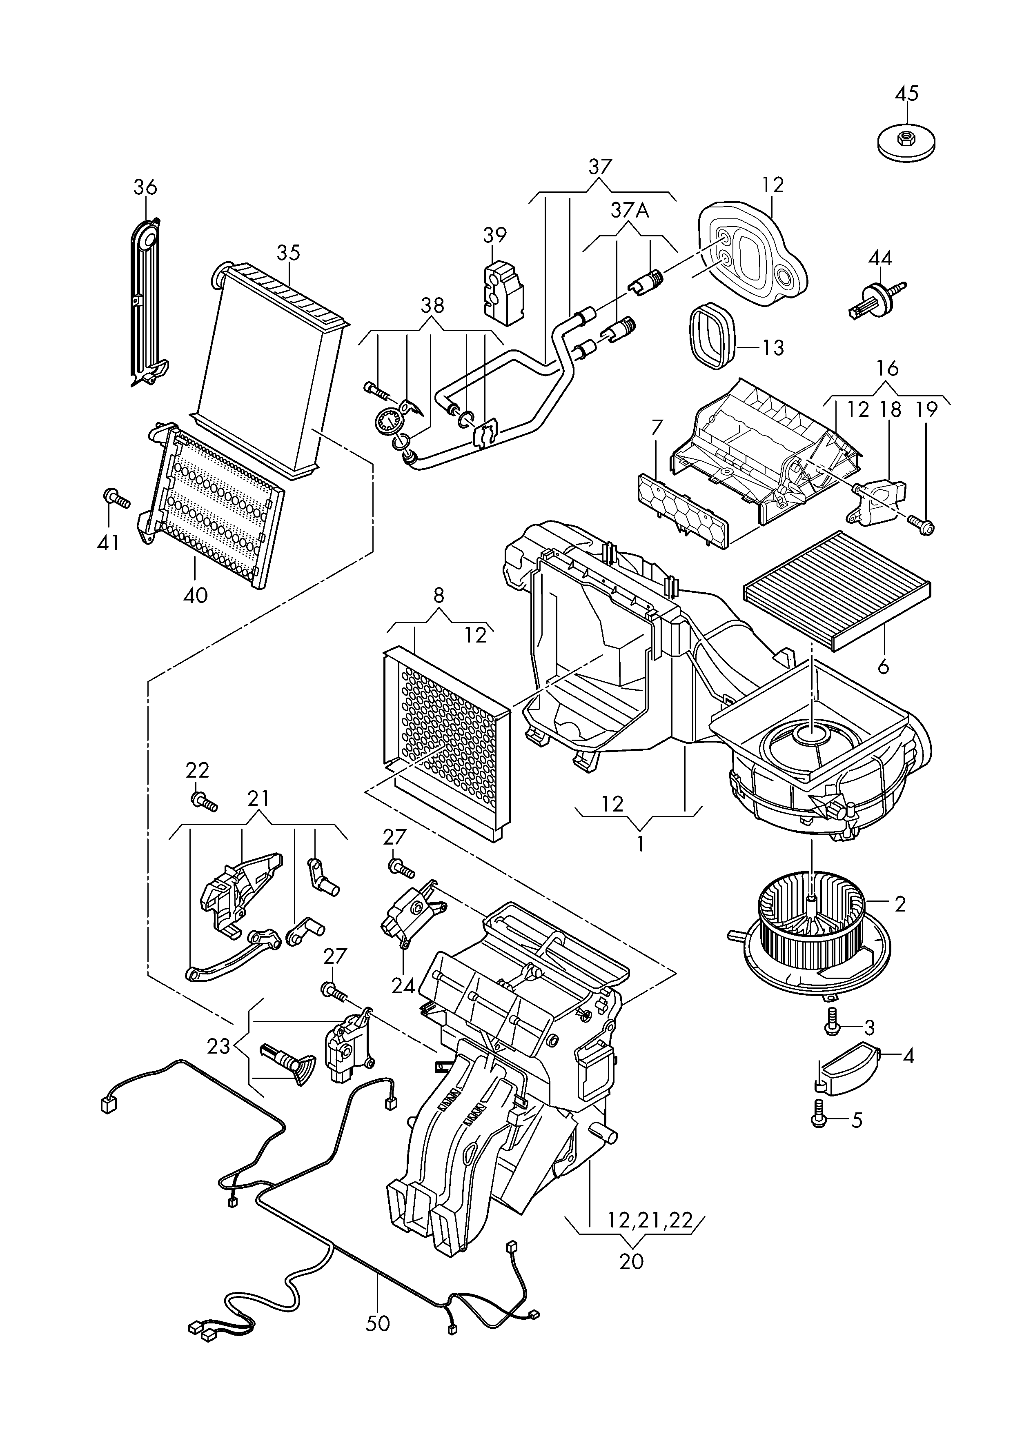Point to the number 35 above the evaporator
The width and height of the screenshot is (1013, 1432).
[288, 253]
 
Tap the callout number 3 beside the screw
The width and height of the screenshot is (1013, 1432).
[869, 1027]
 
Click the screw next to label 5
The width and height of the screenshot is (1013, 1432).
[819, 1113]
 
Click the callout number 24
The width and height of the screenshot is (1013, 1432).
[403, 985]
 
